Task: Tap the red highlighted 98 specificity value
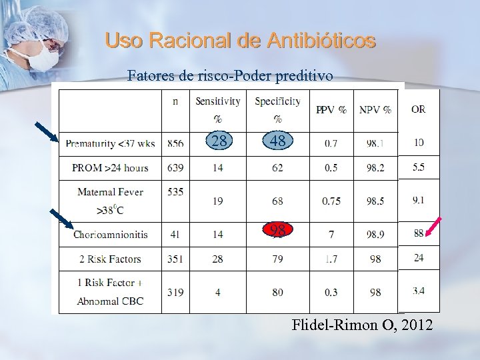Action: tap(278, 231)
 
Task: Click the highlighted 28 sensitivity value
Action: tap(219, 141)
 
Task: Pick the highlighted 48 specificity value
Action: tap(277, 141)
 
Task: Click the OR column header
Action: tap(418, 109)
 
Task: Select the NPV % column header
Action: tap(375, 110)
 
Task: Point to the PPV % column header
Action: tap(331, 110)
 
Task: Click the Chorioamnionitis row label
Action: tap(111, 235)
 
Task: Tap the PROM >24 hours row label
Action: tap(111, 167)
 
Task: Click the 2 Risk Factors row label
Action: tap(111, 259)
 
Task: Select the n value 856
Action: tap(175, 143)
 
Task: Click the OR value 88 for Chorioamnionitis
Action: tap(419, 233)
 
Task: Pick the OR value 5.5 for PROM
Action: tap(418, 167)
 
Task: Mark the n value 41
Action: tap(175, 235)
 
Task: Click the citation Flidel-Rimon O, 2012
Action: tap(362, 325)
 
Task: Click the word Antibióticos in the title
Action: tap(321, 41)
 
